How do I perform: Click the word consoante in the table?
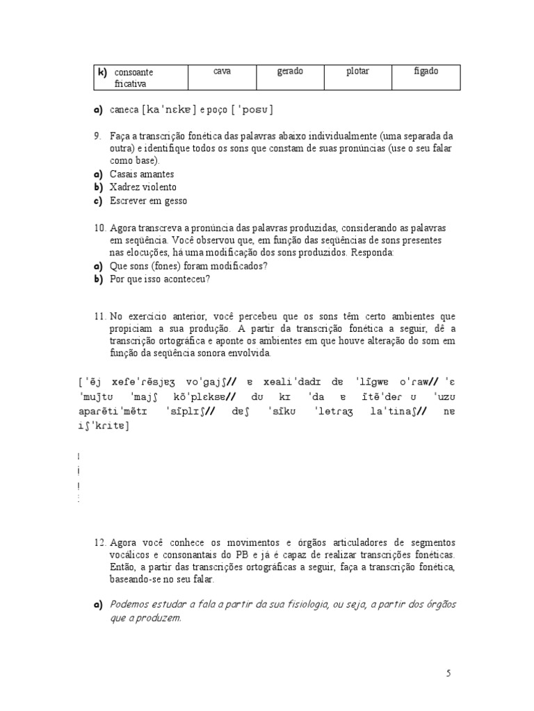pyautogui.click(x=133, y=72)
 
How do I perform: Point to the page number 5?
pyautogui.click(x=448, y=673)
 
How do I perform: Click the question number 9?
pyautogui.click(x=98, y=135)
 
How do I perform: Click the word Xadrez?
pyautogui.click(x=124, y=187)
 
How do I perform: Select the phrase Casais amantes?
pyautogui.click(x=142, y=174)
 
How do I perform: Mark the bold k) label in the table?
pyautogui.click(x=102, y=72)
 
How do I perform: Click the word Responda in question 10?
pyautogui.click(x=376, y=252)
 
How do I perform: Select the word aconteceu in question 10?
pyautogui.click(x=187, y=279)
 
